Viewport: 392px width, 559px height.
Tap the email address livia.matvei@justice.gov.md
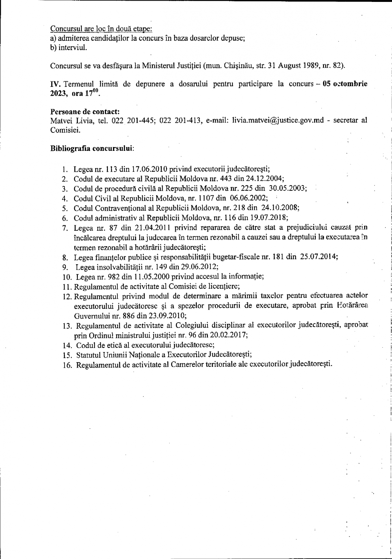tap(278, 120)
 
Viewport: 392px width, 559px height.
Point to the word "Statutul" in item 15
tap(88, 355)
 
